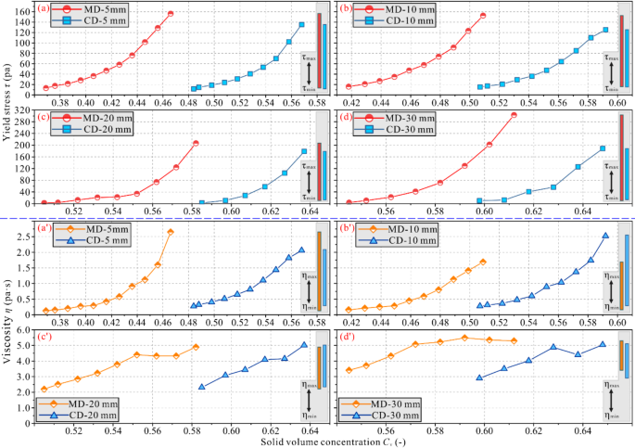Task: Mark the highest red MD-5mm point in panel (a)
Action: point(171,14)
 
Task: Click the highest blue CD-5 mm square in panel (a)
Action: point(301,25)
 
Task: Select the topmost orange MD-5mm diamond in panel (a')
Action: point(170,232)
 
